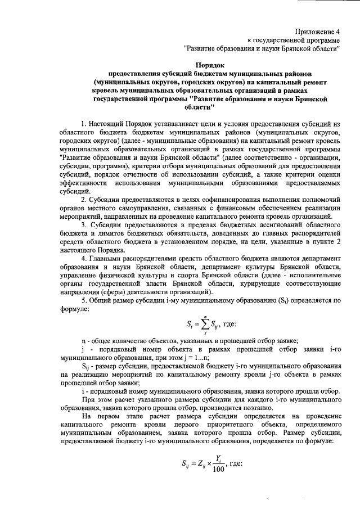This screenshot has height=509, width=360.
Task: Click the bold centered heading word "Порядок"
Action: tap(210, 65)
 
